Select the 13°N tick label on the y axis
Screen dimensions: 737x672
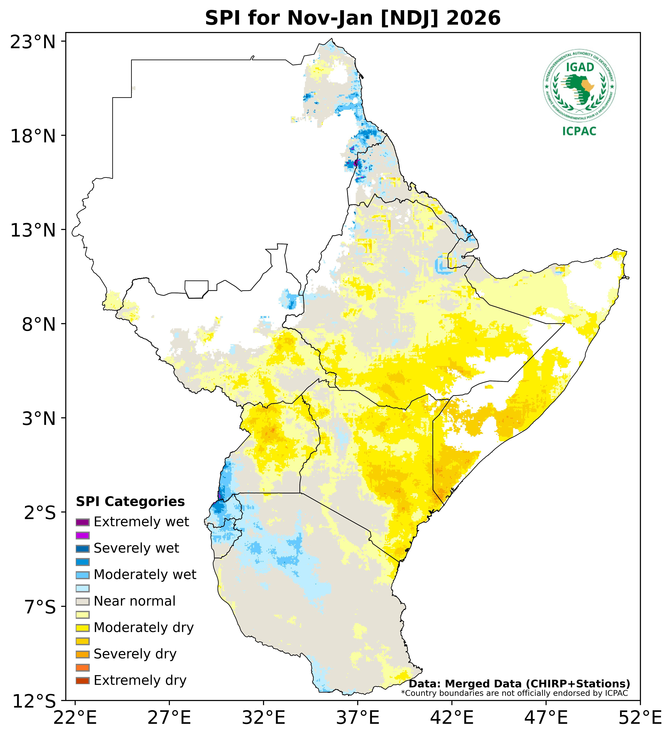33,230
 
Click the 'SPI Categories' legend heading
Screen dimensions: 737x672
130,502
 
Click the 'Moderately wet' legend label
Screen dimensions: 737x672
145,575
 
